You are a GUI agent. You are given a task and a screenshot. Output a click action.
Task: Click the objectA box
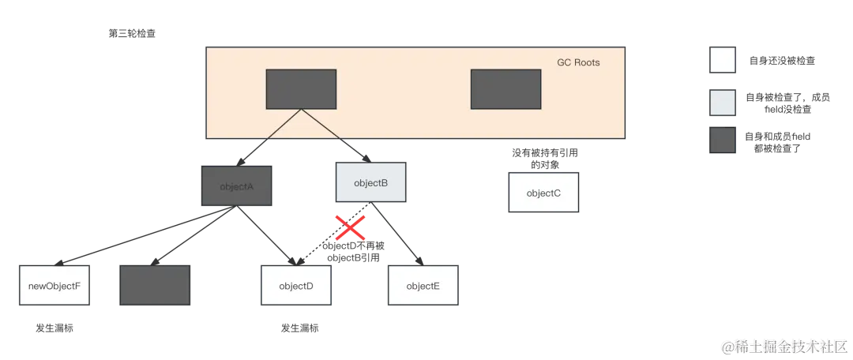(x=236, y=186)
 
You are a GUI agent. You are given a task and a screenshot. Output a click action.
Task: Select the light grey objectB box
(x=371, y=183)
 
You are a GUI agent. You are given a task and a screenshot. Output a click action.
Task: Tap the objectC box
(x=543, y=193)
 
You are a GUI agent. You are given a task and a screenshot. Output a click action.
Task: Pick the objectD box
(x=296, y=286)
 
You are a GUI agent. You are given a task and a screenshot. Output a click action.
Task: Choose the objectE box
(x=423, y=286)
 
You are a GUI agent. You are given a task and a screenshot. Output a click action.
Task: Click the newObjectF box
(x=54, y=286)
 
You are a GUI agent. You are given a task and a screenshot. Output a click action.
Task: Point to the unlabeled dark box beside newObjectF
(x=155, y=286)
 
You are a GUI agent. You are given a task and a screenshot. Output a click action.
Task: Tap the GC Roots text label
(x=578, y=62)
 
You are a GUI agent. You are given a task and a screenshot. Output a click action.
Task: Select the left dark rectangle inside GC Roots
(x=301, y=89)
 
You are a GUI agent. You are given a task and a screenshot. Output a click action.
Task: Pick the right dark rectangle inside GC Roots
(x=506, y=89)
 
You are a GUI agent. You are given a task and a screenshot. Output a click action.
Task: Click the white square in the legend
(x=723, y=60)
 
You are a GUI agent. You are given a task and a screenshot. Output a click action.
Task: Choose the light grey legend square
(x=723, y=103)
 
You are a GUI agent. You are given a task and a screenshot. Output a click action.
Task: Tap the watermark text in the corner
(x=783, y=345)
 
